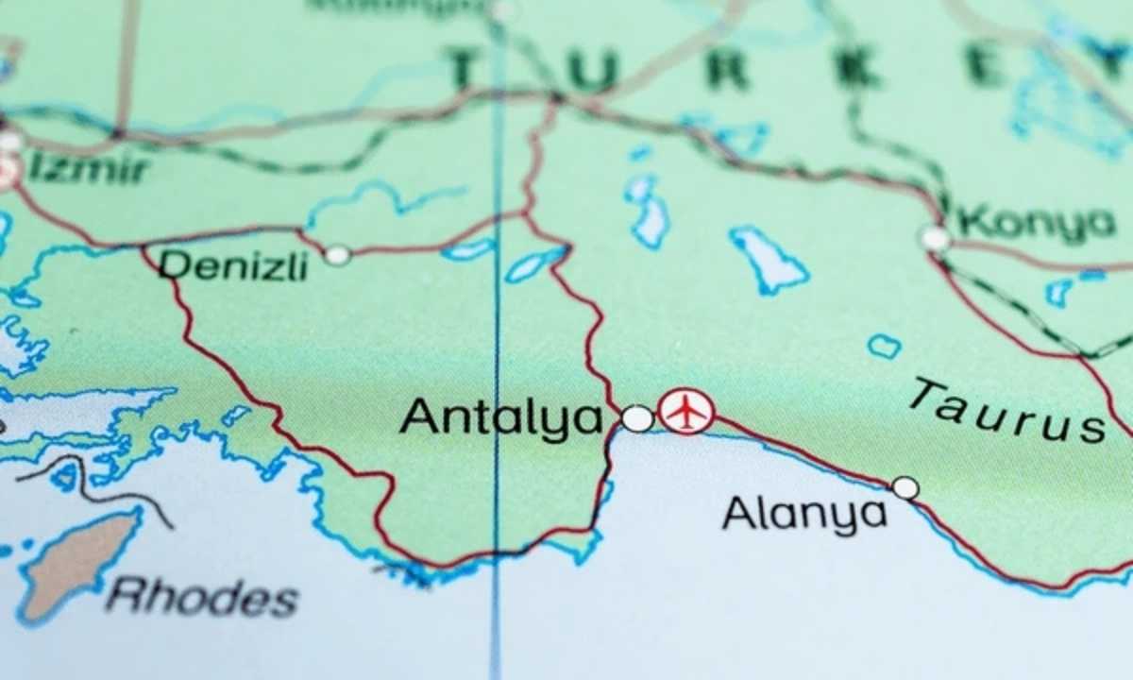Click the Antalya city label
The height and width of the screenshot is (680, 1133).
point(500,417)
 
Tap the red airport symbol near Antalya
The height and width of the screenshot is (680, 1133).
point(686,412)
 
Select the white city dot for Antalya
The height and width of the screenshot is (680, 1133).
point(638,418)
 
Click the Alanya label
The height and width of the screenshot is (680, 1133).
point(804,515)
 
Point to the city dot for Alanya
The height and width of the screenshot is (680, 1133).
point(905,487)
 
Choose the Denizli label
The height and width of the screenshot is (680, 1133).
point(232,266)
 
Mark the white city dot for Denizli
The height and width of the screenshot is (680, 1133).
point(337,255)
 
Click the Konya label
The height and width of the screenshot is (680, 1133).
point(1036,224)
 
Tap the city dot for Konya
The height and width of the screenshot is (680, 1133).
point(935,238)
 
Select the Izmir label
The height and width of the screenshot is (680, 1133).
point(89,170)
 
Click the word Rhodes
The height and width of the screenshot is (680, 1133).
point(202,597)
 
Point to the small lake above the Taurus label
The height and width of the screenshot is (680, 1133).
point(884,347)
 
